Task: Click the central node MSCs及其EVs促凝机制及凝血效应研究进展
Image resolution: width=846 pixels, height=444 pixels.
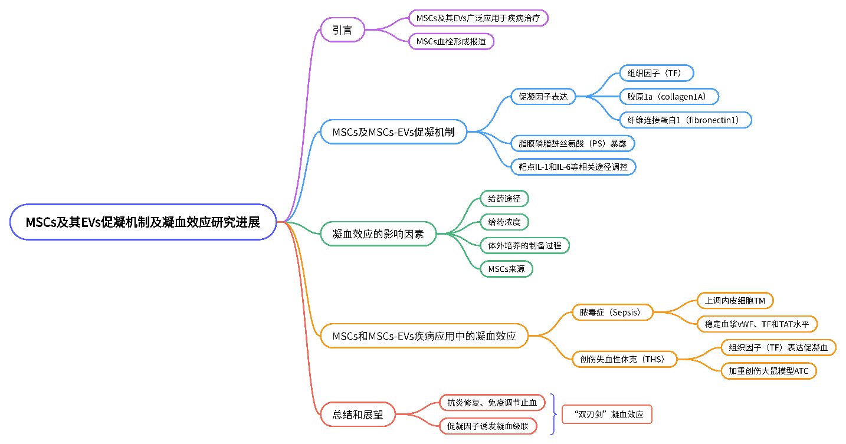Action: click(143, 222)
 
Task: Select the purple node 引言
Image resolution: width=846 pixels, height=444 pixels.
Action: click(342, 29)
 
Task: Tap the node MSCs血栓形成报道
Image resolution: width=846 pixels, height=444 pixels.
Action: click(451, 41)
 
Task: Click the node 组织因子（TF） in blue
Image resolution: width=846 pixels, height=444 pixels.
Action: click(656, 73)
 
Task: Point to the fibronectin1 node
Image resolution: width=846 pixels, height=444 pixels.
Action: click(685, 120)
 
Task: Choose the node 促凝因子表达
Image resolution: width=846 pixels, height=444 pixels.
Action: click(543, 96)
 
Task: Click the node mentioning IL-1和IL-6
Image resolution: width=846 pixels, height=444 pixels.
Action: click(573, 167)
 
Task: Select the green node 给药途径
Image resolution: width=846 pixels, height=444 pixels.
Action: click(504, 198)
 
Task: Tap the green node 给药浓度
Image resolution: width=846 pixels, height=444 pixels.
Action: click(504, 222)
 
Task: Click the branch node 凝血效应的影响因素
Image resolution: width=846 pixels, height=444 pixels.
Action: click(378, 233)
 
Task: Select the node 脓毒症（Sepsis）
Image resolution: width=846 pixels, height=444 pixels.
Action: click(613, 312)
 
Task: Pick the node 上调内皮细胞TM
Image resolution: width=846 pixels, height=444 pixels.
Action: click(734, 300)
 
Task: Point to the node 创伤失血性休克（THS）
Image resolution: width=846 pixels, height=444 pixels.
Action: click(624, 359)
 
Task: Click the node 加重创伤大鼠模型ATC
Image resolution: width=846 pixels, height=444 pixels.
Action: click(769, 370)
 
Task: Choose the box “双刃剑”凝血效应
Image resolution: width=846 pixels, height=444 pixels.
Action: click(606, 415)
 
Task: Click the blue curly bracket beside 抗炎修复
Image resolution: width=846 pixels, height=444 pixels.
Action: click(553, 414)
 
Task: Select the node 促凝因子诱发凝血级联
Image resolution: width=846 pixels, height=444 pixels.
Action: click(488, 426)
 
